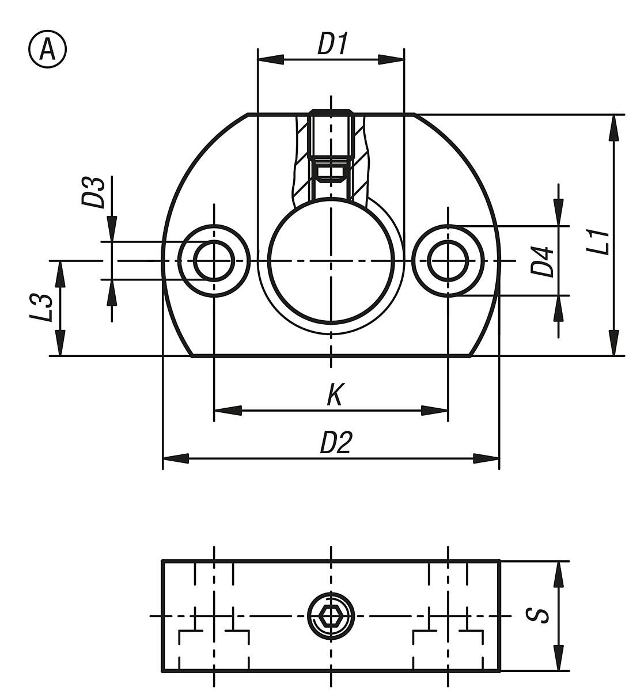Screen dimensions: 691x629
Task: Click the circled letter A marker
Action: click(47, 50)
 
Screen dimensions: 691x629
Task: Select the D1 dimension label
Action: click(333, 44)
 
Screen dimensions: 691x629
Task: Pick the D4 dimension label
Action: click(542, 261)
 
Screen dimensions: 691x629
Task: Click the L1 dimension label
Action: click(599, 242)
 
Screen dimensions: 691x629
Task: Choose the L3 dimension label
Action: click(43, 308)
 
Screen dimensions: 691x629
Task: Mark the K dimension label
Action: click(335, 396)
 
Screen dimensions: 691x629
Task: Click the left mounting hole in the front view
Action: click(214, 261)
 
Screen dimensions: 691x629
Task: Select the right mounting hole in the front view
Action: click(448, 261)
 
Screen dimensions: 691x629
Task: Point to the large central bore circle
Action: click(331, 260)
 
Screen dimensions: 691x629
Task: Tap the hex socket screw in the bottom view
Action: click(331, 616)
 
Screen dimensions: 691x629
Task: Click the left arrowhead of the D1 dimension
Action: click(270, 59)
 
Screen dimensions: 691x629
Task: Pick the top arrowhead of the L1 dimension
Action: click(615, 127)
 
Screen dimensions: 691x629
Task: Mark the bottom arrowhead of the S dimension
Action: click(558, 658)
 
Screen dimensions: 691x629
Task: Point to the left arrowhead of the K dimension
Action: click(227, 411)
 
